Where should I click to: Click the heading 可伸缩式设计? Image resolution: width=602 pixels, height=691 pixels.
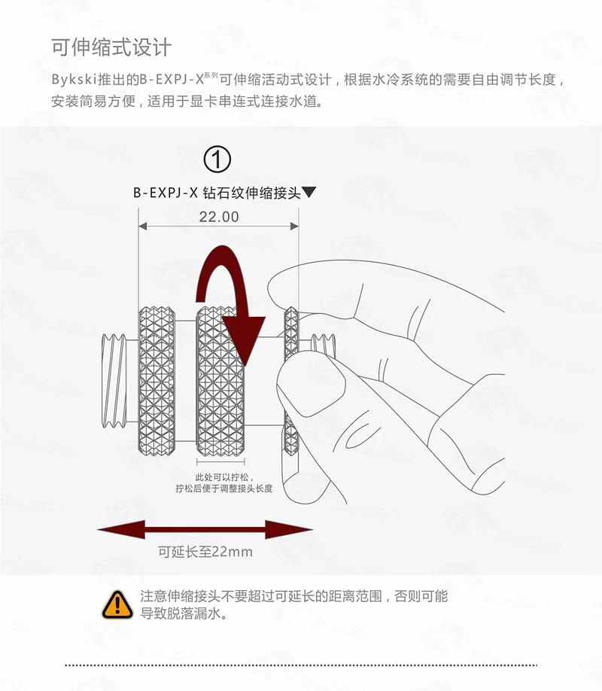coord(111,47)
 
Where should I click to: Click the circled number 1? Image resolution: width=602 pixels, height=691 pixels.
coord(218,159)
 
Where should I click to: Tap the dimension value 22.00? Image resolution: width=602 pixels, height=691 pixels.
coord(218,217)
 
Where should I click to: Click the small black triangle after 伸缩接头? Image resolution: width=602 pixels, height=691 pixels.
coord(309,193)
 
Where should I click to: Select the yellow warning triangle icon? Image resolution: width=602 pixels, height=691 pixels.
coord(117,603)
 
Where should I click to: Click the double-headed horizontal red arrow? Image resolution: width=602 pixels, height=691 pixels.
coord(205,529)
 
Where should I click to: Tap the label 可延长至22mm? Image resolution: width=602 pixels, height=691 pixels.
coord(205,552)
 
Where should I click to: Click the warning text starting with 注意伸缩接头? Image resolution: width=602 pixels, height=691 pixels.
coord(293,596)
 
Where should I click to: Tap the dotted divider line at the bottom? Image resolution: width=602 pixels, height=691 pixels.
coord(301,665)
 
